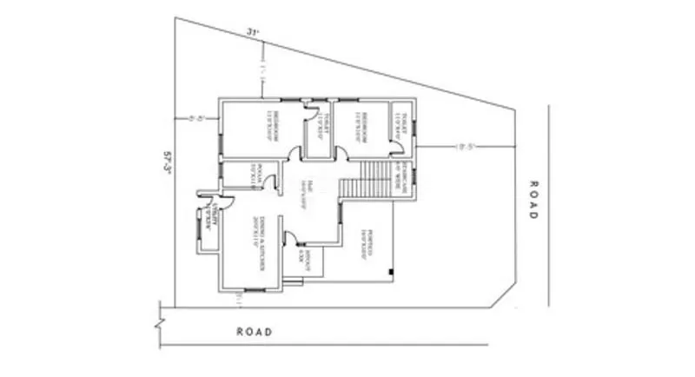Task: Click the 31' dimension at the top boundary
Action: click(253, 32)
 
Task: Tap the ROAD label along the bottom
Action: click(255, 331)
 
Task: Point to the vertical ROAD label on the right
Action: click(533, 199)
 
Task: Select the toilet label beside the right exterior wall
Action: click(401, 122)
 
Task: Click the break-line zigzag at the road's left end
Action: click(158, 323)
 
